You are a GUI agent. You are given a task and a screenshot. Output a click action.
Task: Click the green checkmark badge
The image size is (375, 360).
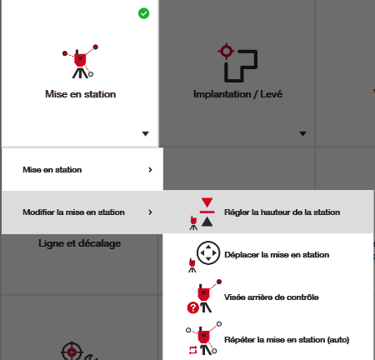pyautogui.click(x=143, y=13)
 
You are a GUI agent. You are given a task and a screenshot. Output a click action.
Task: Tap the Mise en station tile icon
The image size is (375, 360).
pyautogui.click(x=80, y=62)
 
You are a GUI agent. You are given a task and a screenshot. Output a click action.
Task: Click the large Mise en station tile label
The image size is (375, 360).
pyautogui.click(x=81, y=94)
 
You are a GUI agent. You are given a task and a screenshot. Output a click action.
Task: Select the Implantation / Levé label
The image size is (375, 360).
pyautogui.click(x=237, y=94)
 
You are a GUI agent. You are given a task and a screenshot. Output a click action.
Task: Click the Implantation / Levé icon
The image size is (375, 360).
pyautogui.click(x=237, y=62)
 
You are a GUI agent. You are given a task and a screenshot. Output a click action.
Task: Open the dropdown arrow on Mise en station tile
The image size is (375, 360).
pyautogui.click(x=145, y=134)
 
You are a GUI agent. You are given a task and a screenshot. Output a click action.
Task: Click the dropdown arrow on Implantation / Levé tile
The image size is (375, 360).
pyautogui.click(x=302, y=134)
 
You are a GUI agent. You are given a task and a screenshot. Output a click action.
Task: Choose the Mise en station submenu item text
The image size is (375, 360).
pyautogui.click(x=52, y=170)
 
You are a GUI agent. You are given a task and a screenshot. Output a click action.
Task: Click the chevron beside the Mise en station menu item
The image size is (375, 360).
pyautogui.click(x=150, y=170)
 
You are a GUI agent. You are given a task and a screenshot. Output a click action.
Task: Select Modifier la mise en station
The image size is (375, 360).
pyautogui.click(x=73, y=212)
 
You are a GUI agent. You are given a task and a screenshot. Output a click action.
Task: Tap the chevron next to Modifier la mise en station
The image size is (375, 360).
pyautogui.click(x=150, y=212)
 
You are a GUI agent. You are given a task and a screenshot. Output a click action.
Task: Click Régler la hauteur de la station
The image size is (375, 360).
pyautogui.click(x=282, y=212)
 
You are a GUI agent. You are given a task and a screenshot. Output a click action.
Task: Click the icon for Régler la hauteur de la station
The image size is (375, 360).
pyautogui.click(x=202, y=213)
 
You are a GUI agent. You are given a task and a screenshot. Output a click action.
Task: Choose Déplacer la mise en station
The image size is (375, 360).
pyautogui.click(x=277, y=255)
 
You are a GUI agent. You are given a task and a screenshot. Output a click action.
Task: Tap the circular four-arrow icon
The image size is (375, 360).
pyautogui.click(x=208, y=252)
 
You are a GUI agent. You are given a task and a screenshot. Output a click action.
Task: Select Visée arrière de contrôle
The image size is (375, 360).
pyautogui.click(x=272, y=297)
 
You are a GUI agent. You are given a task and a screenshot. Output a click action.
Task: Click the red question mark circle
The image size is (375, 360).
pyautogui.click(x=193, y=307)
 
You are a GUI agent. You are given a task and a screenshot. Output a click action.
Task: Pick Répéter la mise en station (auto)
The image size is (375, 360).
pyautogui.click(x=287, y=340)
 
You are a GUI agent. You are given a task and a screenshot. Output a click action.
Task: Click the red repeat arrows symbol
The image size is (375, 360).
pyautogui.click(x=192, y=350)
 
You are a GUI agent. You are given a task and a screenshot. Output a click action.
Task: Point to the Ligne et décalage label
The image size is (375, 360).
pyautogui.click(x=80, y=243)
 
